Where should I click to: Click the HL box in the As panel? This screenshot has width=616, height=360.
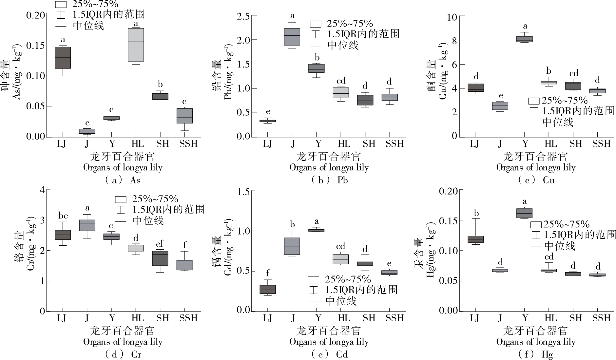coord(136,45)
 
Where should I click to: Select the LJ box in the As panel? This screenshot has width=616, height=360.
coord(63,58)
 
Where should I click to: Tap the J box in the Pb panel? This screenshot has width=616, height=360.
coord(292,37)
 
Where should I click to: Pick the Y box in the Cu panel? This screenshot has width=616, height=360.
coord(524,39)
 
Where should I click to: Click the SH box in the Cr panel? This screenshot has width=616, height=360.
coord(160,258)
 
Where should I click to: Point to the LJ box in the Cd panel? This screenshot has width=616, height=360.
coord(268,290)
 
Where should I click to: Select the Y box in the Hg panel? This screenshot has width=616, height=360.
coord(524,213)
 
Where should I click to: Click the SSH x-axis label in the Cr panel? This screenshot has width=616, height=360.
coord(188,318)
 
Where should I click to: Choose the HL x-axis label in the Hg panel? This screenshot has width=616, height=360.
coord(550,318)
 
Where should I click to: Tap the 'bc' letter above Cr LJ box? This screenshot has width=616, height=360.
coord(63,216)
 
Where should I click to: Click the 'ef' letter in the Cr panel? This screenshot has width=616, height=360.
coord(160,244)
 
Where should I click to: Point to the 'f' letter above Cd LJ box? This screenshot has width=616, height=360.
coord(268,273)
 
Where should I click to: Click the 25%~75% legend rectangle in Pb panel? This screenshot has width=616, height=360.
coord(316,24)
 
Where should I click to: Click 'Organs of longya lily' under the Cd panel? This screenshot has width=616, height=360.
coord(329,342)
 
